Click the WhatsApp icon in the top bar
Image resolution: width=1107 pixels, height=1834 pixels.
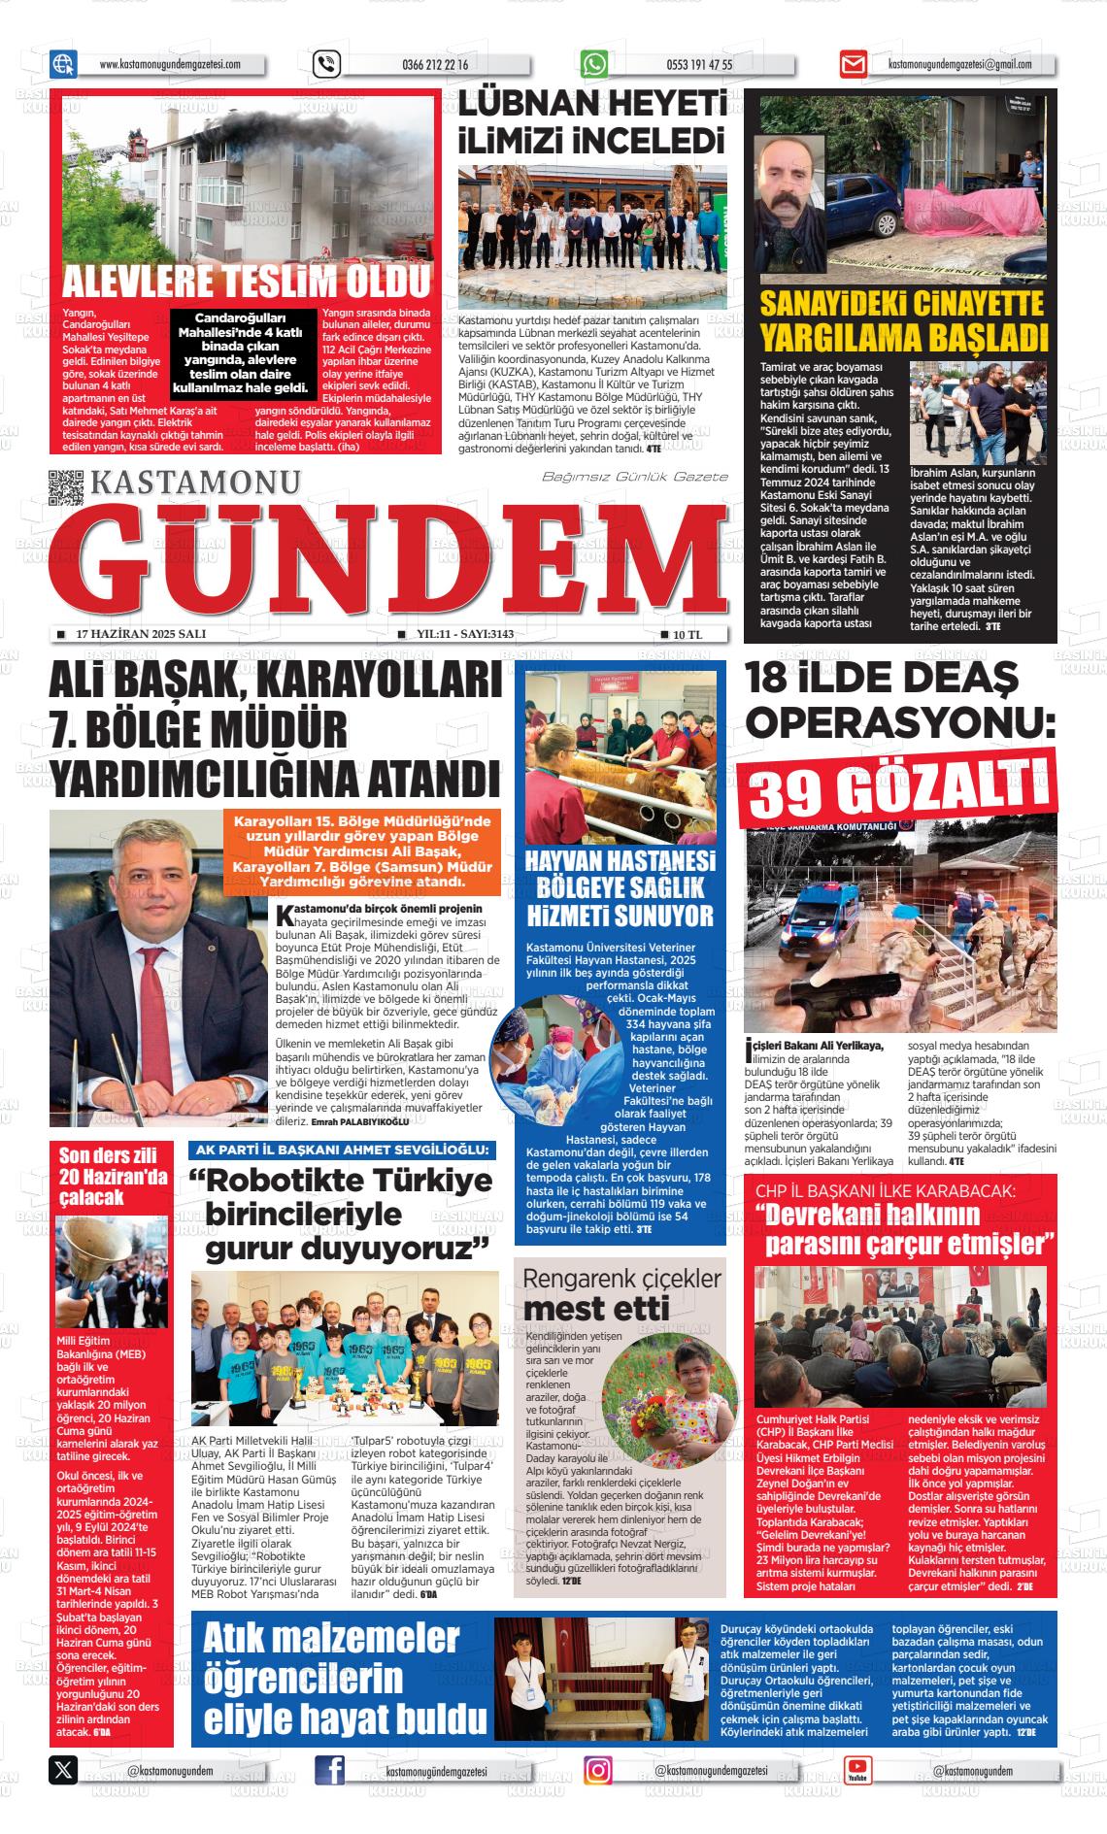point(593,64)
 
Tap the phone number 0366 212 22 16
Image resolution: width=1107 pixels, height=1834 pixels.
point(434,65)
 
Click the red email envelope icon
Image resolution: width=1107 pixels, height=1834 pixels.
point(853,65)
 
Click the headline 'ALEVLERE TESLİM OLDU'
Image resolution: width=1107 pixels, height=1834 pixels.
point(246,283)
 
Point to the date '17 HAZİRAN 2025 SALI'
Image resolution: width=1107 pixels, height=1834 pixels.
point(140,634)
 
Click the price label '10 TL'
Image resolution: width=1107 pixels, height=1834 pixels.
point(687,634)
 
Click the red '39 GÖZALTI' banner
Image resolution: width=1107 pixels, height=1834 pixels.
point(898,788)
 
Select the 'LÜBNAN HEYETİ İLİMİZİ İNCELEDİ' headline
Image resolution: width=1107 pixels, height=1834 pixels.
point(592,121)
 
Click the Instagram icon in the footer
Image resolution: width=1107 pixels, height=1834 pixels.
point(598,1770)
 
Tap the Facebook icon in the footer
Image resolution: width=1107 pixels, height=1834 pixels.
point(330,1770)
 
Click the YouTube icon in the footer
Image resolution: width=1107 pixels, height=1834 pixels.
point(857,1770)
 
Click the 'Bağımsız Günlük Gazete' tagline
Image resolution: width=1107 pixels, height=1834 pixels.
point(634,476)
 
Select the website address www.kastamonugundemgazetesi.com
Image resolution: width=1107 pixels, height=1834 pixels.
point(169,65)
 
